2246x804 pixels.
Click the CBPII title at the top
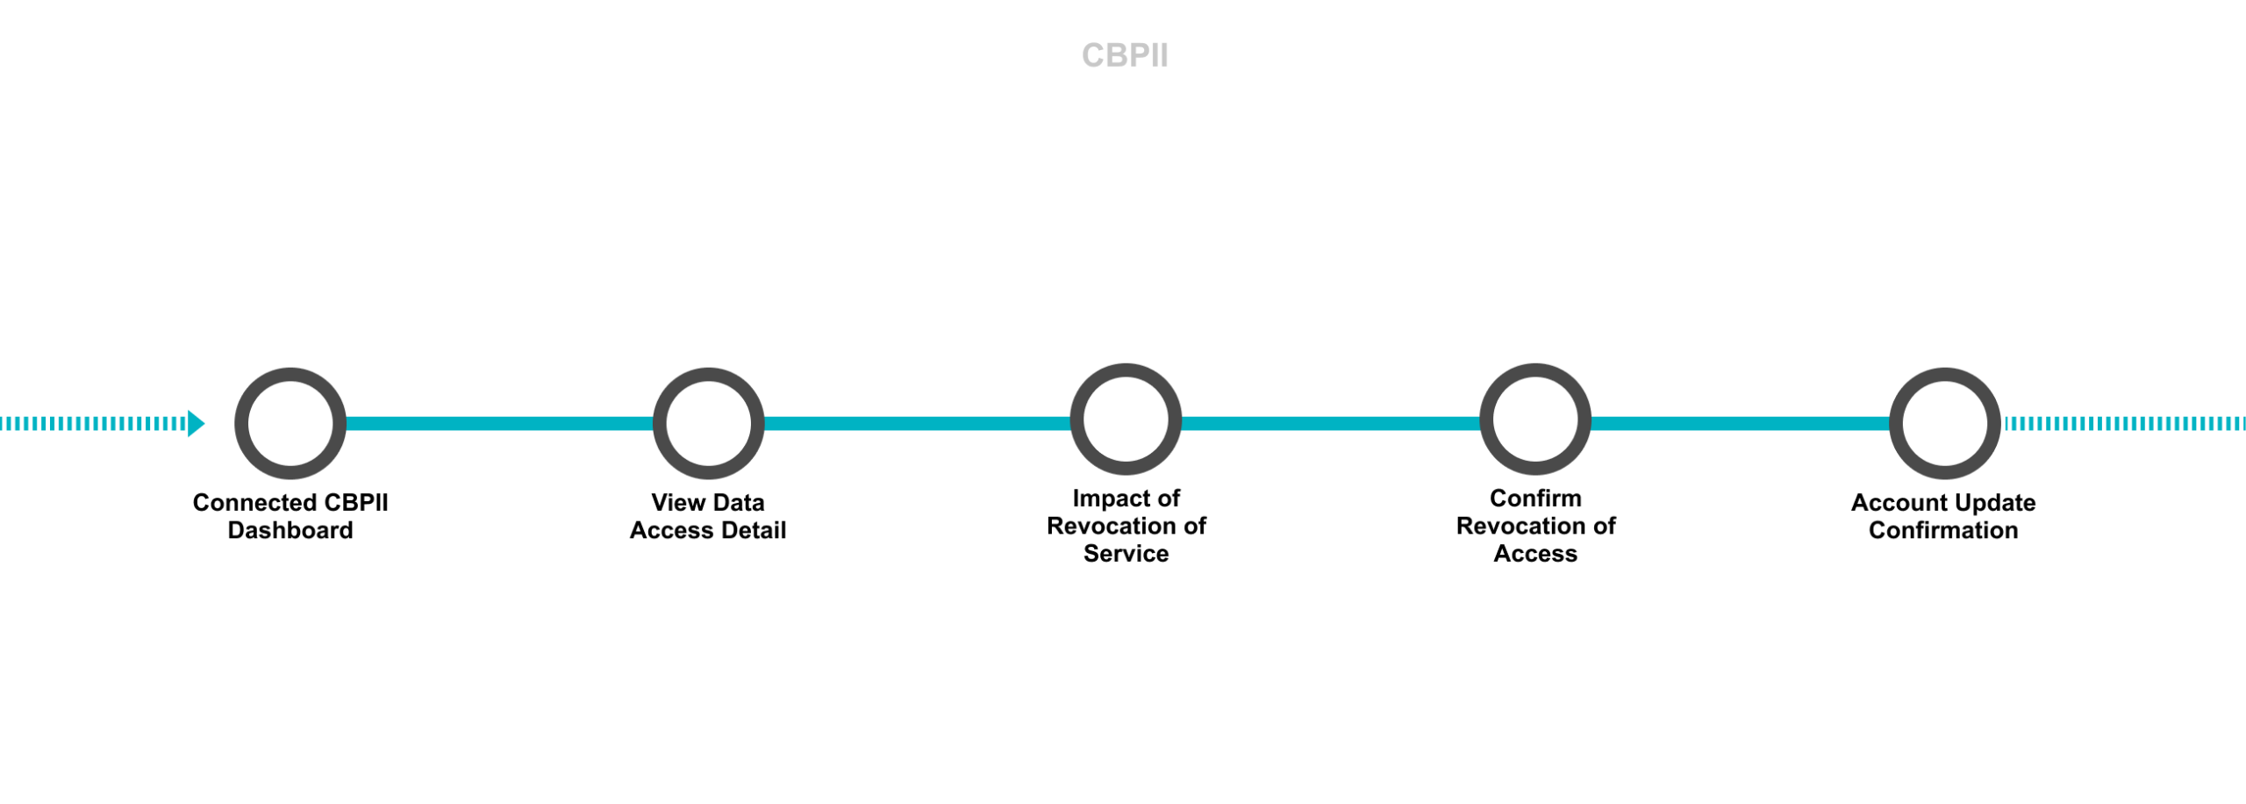[1124, 55]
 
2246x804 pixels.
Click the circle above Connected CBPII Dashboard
[290, 423]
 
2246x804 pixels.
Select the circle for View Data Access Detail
[708, 423]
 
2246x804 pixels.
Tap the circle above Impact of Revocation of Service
[1126, 419]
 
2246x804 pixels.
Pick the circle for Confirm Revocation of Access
[1534, 419]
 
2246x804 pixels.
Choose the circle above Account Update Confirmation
[1944, 423]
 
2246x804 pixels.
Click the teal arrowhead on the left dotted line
[196, 423]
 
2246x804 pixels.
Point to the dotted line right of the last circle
[2123, 423]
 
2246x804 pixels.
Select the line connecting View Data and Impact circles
[917, 423]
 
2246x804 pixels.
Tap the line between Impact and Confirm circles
[1330, 423]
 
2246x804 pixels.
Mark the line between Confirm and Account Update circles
[1740, 423]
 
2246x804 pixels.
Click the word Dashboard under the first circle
[290, 530]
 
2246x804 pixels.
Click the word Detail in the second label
[754, 530]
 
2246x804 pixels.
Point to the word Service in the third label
[1126, 553]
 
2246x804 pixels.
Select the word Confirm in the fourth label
[1535, 498]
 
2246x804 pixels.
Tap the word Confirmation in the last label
[1943, 530]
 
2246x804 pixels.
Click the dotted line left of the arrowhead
[92, 423]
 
